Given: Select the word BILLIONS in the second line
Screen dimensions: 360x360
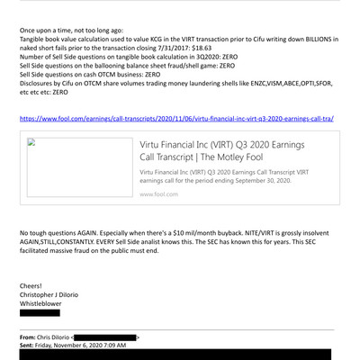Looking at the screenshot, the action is (318, 39).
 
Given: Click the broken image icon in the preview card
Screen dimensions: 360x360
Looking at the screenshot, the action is (29, 142).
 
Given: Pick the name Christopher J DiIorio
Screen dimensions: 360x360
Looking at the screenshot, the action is (56, 295).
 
